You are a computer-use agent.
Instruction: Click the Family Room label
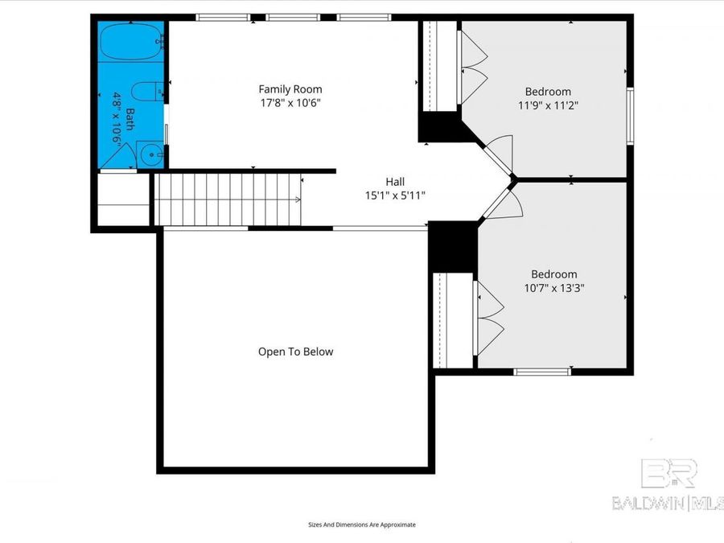coord(290,89)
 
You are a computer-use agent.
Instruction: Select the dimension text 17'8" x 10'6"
coord(290,102)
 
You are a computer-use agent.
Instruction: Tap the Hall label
coord(395,182)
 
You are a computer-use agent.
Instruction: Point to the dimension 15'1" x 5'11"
coord(395,195)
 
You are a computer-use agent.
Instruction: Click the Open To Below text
coord(295,352)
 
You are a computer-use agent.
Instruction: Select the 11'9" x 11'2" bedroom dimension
coord(548,105)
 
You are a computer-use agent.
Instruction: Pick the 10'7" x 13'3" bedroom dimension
coord(554,288)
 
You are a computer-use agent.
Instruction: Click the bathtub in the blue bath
coord(131,42)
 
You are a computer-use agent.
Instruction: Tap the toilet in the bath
coord(148,91)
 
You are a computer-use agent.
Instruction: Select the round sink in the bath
coord(150,154)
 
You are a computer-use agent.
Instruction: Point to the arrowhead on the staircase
coord(298,200)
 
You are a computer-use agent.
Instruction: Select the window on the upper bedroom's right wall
coord(630,116)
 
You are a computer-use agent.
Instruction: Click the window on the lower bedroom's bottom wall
coord(542,372)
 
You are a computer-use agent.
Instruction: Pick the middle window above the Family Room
coord(293,18)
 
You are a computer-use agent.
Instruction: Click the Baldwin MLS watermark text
coord(668,503)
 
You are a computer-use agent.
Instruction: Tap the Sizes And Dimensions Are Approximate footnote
coord(362,524)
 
